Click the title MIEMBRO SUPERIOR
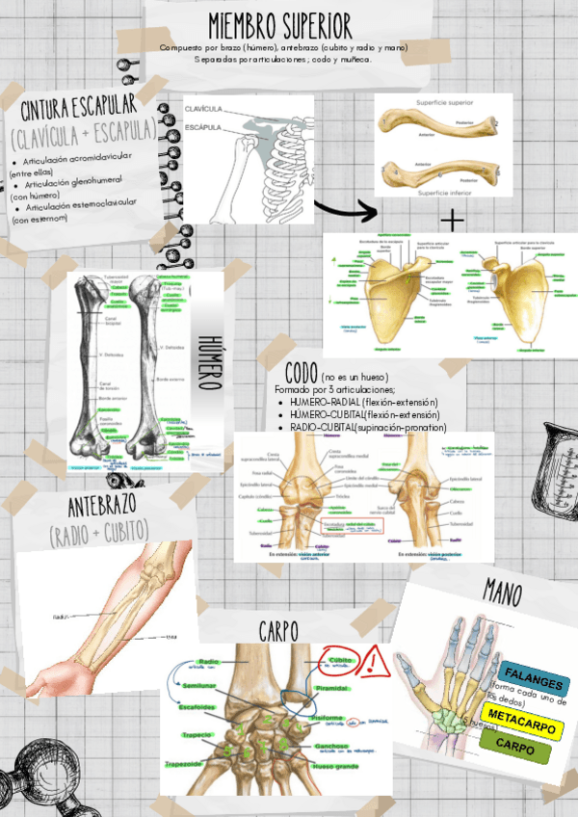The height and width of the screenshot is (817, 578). click(280, 26)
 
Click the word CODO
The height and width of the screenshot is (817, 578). click(309, 372)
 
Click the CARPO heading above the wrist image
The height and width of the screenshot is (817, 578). click(278, 630)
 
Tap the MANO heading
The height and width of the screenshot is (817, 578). click(502, 593)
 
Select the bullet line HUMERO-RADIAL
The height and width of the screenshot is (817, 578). click(363, 402)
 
